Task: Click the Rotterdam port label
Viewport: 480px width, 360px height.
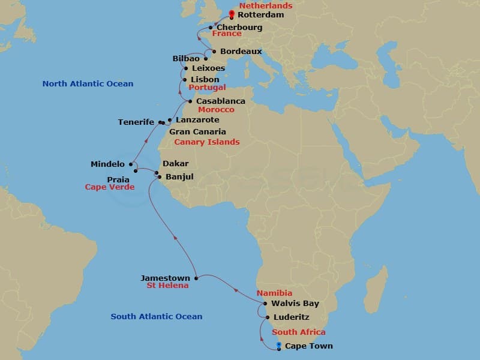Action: pos(260,15)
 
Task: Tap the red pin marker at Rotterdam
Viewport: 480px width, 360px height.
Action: pos(231,14)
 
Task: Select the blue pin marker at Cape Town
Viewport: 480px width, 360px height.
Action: pos(279,345)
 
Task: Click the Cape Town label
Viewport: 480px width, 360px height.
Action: pos(308,346)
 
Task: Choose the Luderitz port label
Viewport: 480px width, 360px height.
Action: pos(291,317)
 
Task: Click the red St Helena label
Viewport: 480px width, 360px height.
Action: pos(167,286)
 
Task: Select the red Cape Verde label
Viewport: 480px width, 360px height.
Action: pos(110,187)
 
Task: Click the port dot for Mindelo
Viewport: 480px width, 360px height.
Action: pos(131,164)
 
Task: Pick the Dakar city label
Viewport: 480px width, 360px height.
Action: pos(175,164)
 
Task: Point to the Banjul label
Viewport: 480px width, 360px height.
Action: pos(179,176)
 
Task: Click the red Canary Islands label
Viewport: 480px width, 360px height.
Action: pos(207,142)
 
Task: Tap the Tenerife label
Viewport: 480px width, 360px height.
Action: pos(136,122)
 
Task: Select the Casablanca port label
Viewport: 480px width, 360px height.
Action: pos(220,101)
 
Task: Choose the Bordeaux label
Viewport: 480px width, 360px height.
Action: pos(241,52)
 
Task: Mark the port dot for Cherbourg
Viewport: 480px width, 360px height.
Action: pos(211,28)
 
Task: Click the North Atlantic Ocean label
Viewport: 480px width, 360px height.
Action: pos(88,84)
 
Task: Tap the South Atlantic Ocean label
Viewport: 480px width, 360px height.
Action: pos(157,317)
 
